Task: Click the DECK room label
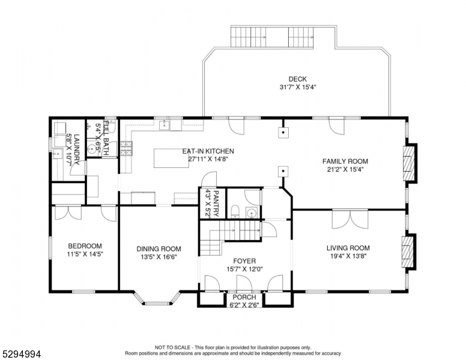click(297, 79)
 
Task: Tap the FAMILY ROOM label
click(345, 161)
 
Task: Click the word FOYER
click(244, 261)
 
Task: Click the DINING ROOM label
click(159, 248)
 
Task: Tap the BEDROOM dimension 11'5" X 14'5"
click(85, 254)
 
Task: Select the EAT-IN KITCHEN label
click(208, 151)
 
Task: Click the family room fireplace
click(408, 162)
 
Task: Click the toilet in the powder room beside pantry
click(236, 211)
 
